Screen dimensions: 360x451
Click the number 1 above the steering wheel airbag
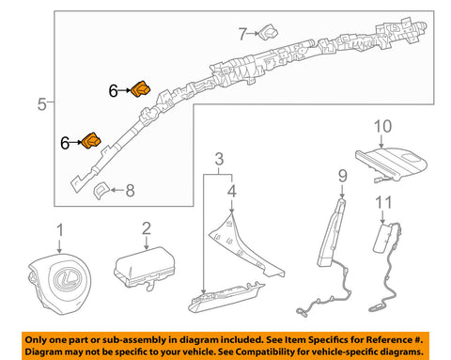click(60, 229)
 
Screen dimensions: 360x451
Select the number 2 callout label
click(145, 227)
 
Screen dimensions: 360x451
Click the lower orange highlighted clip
click(93, 141)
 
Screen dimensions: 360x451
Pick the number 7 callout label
click(242, 34)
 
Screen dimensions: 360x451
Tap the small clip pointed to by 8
click(101, 191)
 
